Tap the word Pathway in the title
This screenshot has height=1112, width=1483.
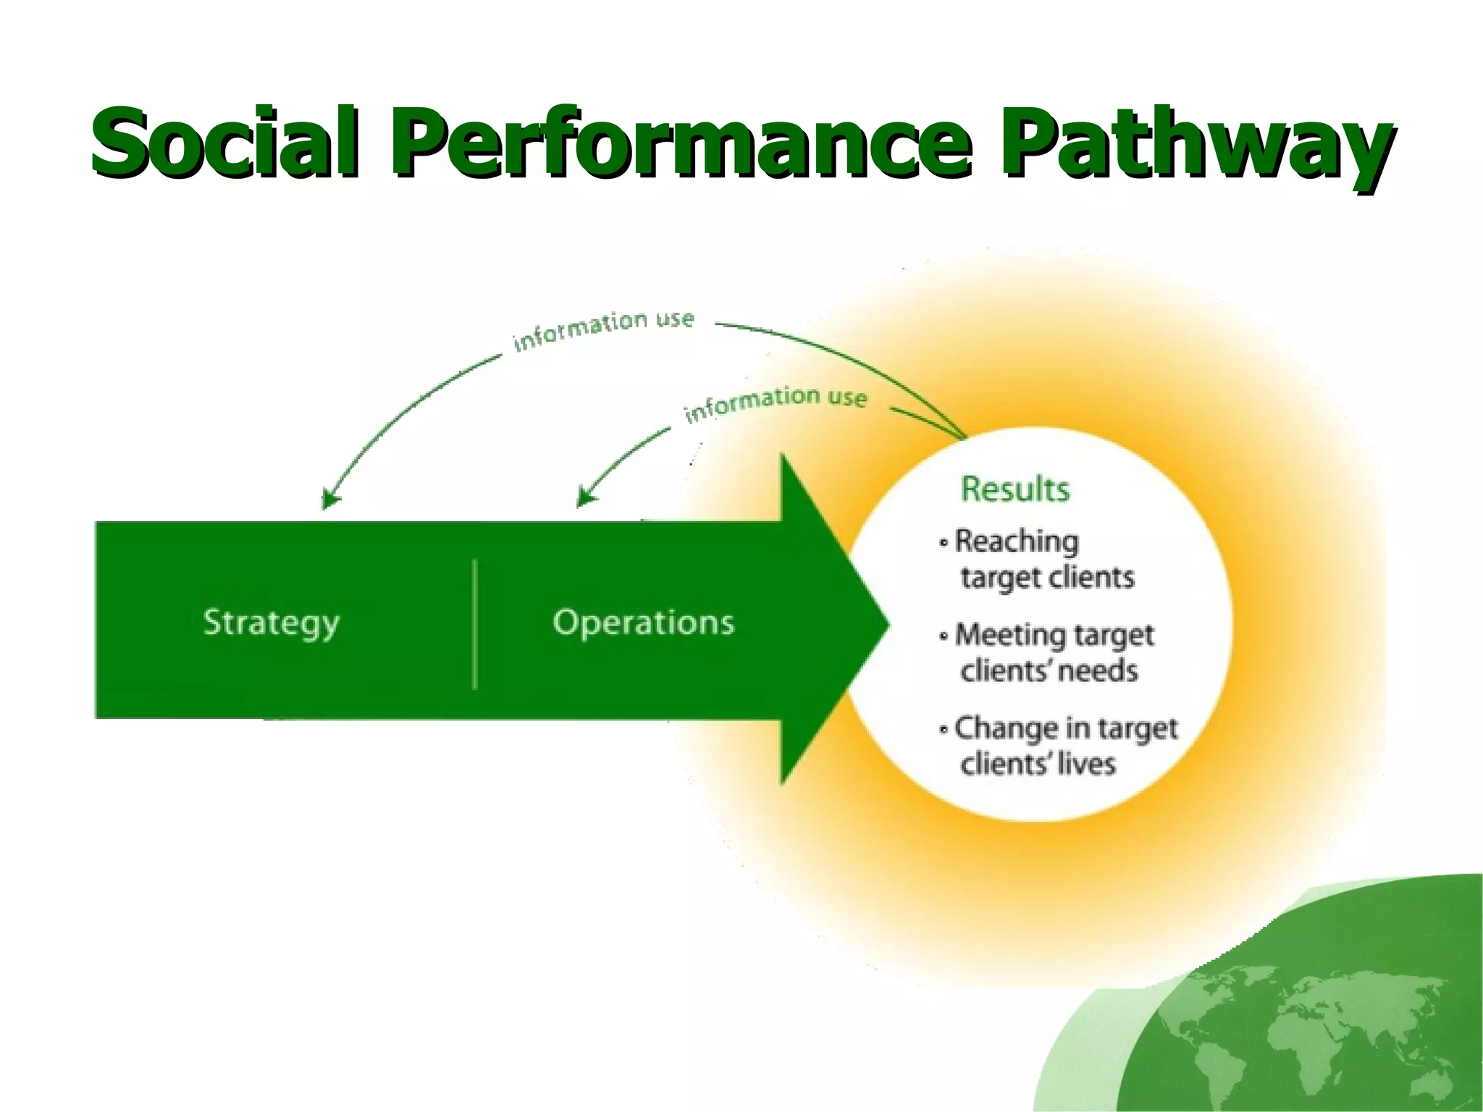point(1195,145)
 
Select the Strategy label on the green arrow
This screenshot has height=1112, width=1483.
point(271,623)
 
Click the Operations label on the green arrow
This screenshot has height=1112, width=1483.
point(643,623)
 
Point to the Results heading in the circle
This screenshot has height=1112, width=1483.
point(1014,489)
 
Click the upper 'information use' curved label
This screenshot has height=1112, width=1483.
point(603,329)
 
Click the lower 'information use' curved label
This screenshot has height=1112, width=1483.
point(775,403)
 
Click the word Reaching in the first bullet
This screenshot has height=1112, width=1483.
point(1017,542)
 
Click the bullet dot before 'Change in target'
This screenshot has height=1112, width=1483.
point(944,729)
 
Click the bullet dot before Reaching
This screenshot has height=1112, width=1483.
point(944,542)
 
